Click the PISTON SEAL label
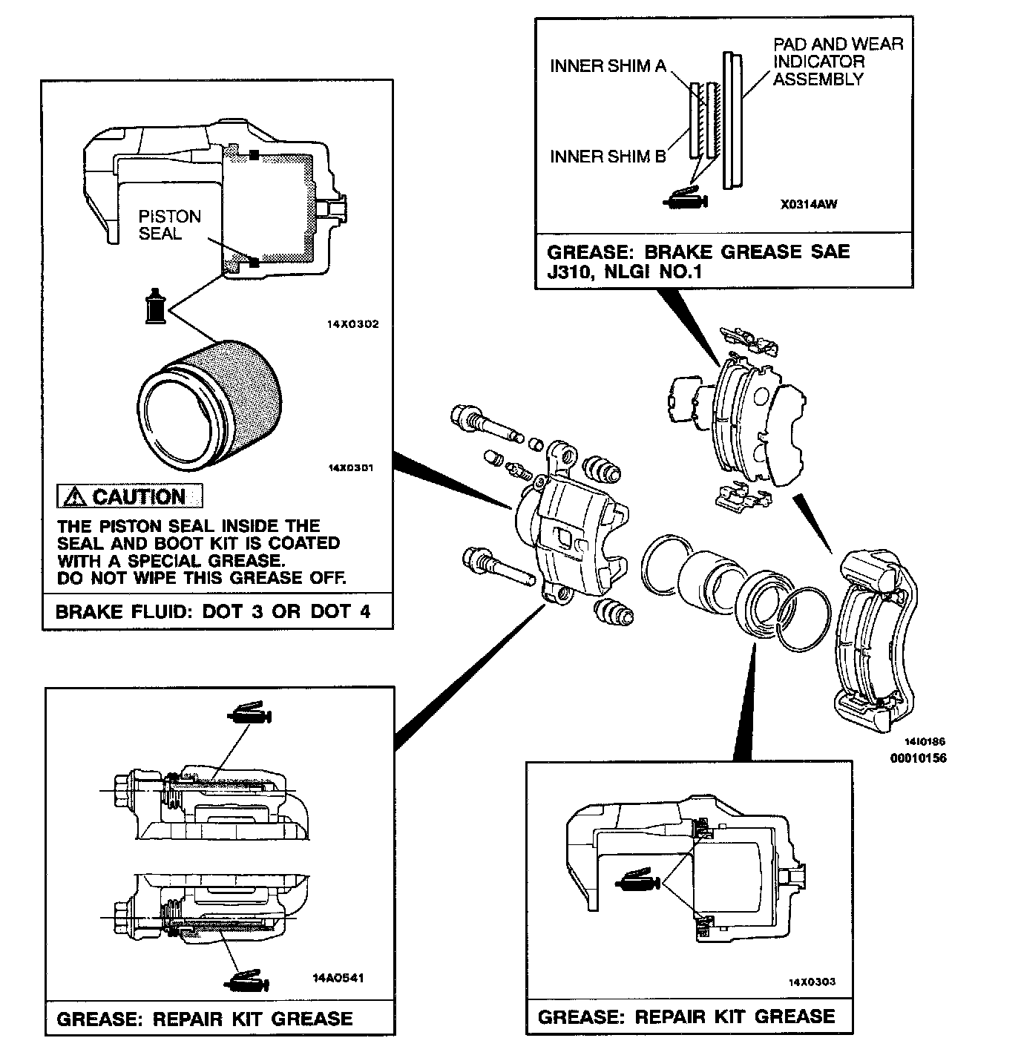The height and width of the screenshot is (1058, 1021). (x=170, y=225)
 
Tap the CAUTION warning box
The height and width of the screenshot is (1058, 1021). (x=130, y=496)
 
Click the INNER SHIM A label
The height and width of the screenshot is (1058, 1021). (x=608, y=66)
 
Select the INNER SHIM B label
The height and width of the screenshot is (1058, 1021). (x=608, y=157)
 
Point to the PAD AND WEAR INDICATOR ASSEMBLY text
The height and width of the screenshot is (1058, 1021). (x=838, y=62)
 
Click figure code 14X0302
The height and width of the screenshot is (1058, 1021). (x=352, y=324)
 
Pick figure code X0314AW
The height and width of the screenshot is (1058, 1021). (x=809, y=204)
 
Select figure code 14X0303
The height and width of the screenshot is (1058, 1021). (x=812, y=982)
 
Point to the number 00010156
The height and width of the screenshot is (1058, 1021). (x=918, y=758)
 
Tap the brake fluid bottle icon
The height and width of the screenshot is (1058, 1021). (x=155, y=305)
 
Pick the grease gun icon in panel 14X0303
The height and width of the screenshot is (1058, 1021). (x=637, y=881)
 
